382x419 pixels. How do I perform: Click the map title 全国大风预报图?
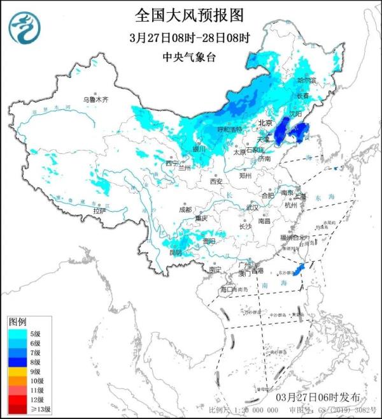[x=189, y=13]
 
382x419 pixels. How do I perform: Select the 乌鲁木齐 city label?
[x=96, y=99]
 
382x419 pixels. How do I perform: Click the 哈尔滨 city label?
[x=307, y=80]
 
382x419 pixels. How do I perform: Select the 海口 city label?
[x=227, y=289]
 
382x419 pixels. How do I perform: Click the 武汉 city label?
[x=252, y=207]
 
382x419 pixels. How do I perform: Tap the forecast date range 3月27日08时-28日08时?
[x=189, y=37]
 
